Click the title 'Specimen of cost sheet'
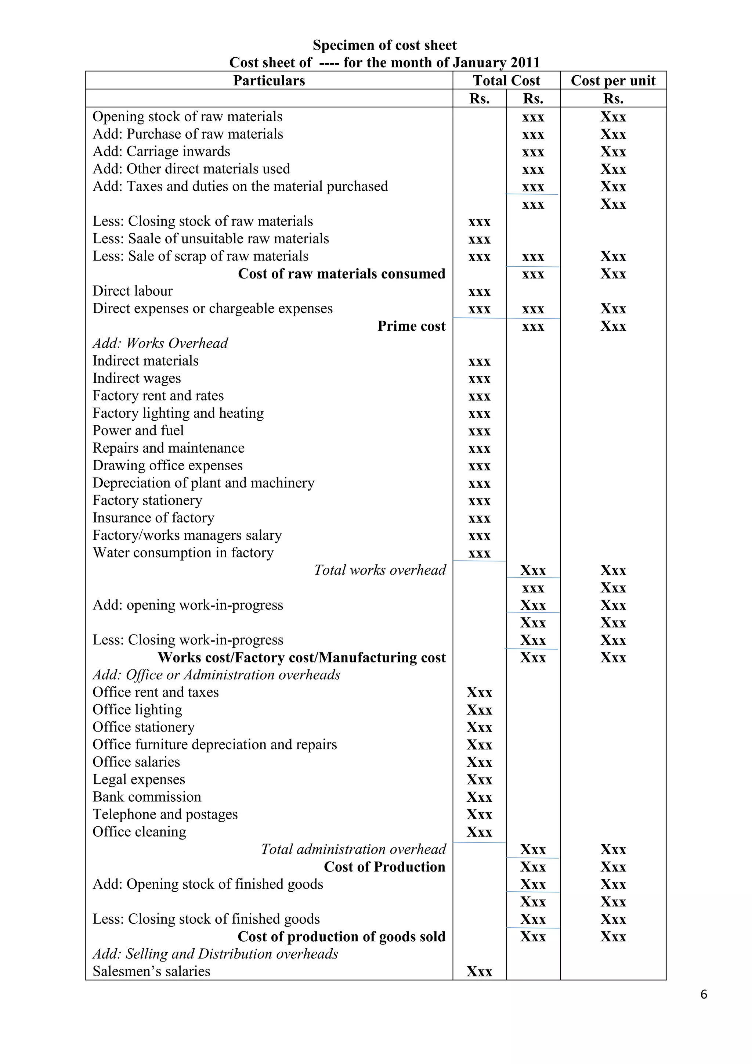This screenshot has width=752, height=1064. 384,45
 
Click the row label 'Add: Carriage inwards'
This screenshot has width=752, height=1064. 161,151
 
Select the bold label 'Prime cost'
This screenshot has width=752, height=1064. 411,326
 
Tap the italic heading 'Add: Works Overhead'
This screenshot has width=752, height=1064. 160,344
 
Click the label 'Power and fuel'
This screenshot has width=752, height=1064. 138,431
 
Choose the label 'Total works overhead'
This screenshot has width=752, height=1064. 380,570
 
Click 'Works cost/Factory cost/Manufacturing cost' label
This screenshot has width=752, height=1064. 301,658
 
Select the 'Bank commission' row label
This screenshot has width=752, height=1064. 147,797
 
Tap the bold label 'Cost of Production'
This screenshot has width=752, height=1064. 384,867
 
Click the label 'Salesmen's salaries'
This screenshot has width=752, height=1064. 151,971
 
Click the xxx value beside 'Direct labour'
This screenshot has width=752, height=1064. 479,291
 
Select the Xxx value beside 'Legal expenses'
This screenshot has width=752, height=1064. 479,780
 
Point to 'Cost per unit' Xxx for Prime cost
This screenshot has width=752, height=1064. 613,326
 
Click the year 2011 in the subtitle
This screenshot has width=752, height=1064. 525,62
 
